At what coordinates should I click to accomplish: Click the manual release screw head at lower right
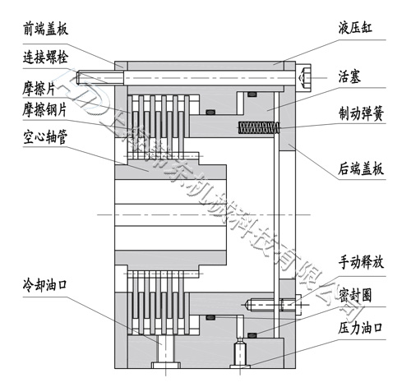point(287,306)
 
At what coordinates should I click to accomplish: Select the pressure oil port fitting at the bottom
point(240,354)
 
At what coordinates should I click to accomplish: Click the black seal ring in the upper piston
point(215,110)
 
